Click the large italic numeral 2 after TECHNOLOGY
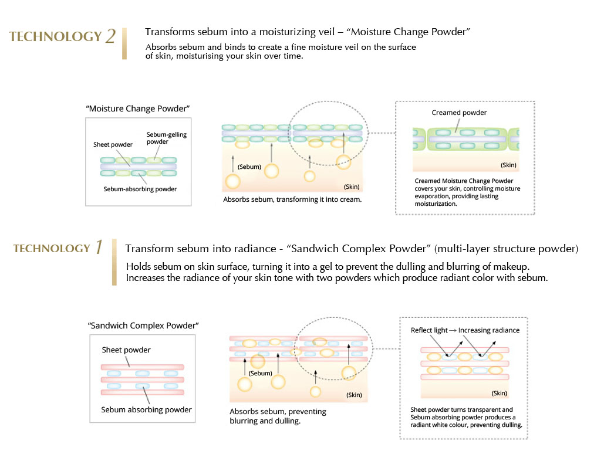[110, 36]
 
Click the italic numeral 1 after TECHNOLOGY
[99, 247]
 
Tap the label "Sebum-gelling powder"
[167, 138]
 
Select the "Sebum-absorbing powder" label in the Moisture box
[140, 189]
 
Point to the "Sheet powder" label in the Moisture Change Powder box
[113, 144]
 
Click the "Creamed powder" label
[459, 113]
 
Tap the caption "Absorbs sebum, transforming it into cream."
[292, 199]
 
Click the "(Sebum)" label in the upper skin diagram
[249, 167]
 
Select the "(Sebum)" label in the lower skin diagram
[261, 373]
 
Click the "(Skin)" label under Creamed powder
[508, 165]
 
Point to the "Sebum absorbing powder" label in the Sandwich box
[146, 409]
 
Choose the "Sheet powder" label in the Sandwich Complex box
[126, 350]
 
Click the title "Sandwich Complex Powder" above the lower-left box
[143, 326]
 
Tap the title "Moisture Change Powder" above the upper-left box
[138, 109]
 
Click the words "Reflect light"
[429, 330]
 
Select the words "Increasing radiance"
[489, 330]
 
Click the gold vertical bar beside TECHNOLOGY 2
[124, 43]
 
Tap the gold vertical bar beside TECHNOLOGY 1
[114, 262]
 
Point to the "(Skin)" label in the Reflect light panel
[499, 394]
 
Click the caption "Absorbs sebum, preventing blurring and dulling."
[278, 416]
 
